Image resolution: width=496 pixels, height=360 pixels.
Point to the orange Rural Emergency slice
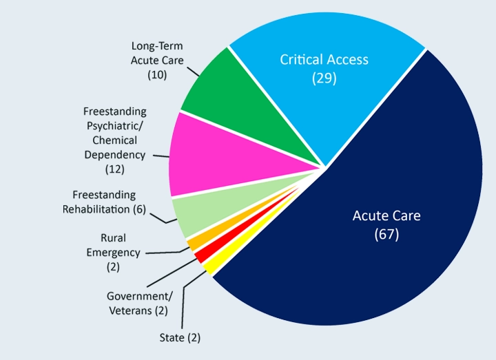pos(194,243)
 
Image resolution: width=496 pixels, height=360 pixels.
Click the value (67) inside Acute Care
pos(386,234)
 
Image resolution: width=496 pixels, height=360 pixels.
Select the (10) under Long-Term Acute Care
pos(158,74)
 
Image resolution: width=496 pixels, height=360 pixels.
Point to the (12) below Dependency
pos(114,168)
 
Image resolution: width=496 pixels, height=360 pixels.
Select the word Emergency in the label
pos(113,252)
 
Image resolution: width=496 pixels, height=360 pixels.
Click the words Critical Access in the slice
pos(324,60)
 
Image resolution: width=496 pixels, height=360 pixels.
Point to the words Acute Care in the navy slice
pos(386,215)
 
